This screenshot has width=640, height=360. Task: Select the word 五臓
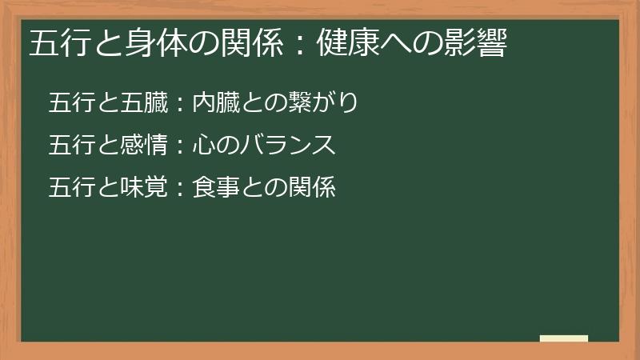click(x=143, y=103)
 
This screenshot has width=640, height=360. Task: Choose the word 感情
click(x=143, y=146)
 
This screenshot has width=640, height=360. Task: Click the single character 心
click(x=204, y=146)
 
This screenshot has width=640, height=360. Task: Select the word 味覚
click(x=143, y=188)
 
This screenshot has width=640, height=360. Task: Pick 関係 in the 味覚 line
click(x=311, y=188)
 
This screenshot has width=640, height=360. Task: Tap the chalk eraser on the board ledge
click(x=564, y=338)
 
